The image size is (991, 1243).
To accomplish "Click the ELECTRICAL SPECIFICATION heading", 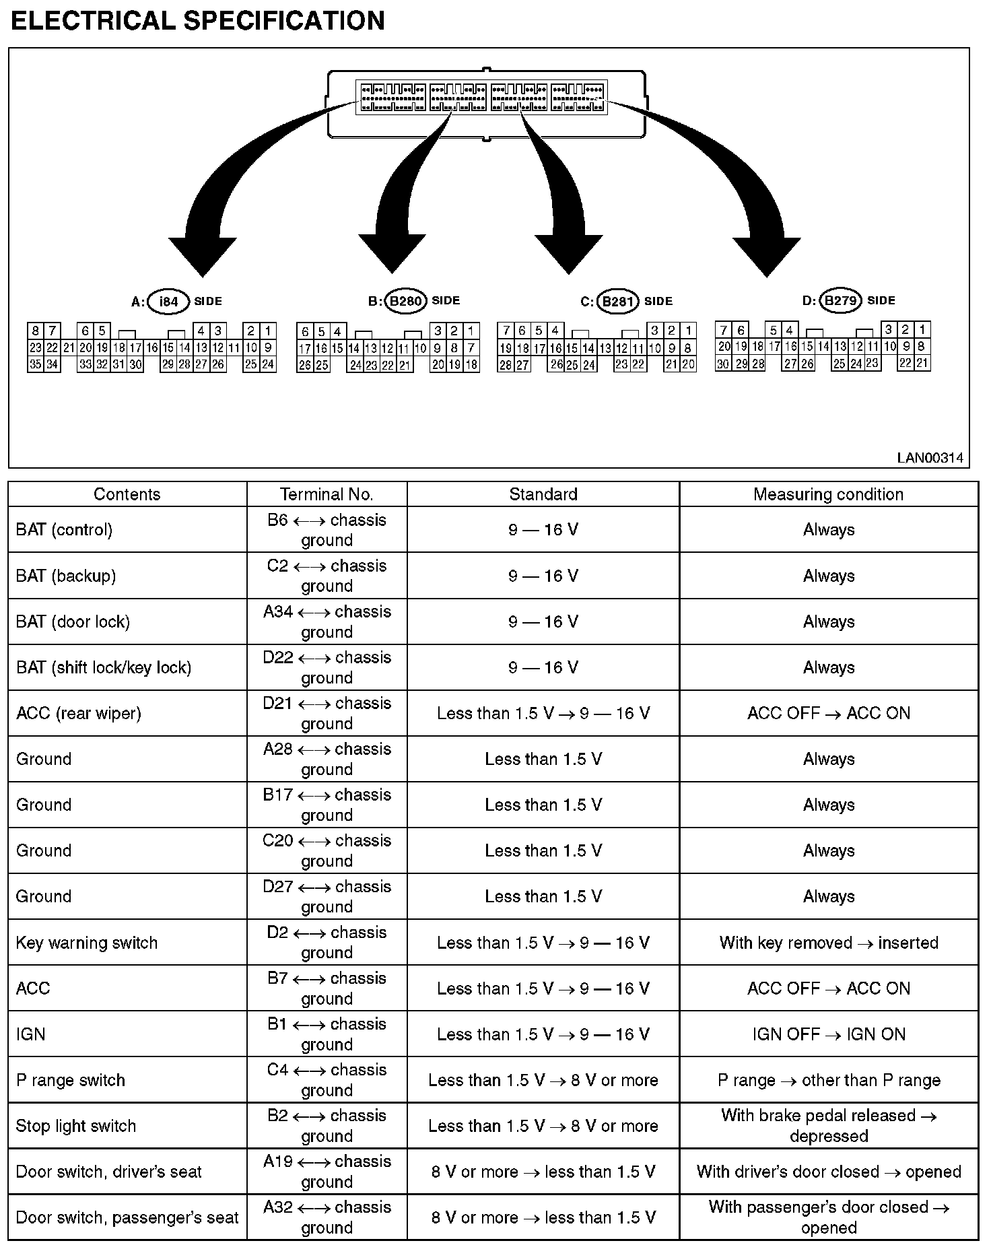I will pyautogui.click(x=198, y=21).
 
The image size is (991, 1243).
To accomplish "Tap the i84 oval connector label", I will pyautogui.click(x=168, y=301).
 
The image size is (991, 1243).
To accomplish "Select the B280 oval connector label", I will pyautogui.click(x=405, y=301).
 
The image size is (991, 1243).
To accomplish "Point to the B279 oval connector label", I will pyautogui.click(x=840, y=300).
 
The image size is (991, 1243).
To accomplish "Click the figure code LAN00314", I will pyautogui.click(x=930, y=458).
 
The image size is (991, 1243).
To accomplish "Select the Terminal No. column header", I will pyautogui.click(x=327, y=494).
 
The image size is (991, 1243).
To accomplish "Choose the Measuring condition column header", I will pyautogui.click(x=828, y=494).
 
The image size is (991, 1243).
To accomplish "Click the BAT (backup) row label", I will pyautogui.click(x=66, y=576).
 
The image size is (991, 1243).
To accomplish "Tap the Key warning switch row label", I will pyautogui.click(x=87, y=943).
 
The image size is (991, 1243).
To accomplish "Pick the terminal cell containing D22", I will pyautogui.click(x=327, y=667).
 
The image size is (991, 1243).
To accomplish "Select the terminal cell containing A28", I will pyautogui.click(x=327, y=759).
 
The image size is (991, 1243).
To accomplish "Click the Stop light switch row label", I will pyautogui.click(x=76, y=1126).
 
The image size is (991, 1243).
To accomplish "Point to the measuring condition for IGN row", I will pyautogui.click(x=828, y=1034).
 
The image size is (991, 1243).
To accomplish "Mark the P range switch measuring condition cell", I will pyautogui.click(x=828, y=1080).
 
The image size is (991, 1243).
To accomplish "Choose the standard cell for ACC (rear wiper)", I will pyautogui.click(x=543, y=713).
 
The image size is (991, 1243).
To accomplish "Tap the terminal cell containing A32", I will pyautogui.click(x=327, y=1217).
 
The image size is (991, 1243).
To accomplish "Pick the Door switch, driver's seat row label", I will pyautogui.click(x=108, y=1172).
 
